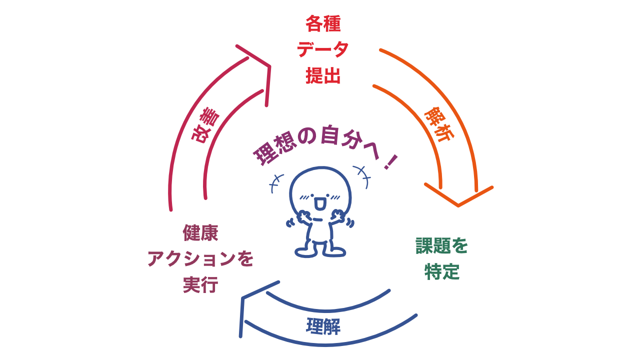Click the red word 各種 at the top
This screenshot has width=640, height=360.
pyautogui.click(x=323, y=23)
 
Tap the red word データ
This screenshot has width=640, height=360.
pyautogui.click(x=323, y=49)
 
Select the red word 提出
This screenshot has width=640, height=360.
pyautogui.click(x=323, y=76)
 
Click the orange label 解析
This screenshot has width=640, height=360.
pyautogui.click(x=439, y=124)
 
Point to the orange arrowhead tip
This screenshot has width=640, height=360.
pyautogui.click(x=458, y=204)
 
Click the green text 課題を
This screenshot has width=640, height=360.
pyautogui.click(x=442, y=245)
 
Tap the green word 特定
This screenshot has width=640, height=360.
pyautogui.click(x=442, y=271)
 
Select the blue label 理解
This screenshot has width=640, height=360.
pyautogui.click(x=323, y=326)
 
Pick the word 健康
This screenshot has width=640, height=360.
pyautogui.click(x=200, y=232)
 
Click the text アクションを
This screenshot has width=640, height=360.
pyautogui.click(x=200, y=258)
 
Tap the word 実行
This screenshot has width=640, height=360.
pyautogui.click(x=200, y=285)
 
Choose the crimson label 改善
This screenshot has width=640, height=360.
pyautogui.click(x=205, y=125)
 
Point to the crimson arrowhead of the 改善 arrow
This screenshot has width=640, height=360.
pyautogui.click(x=268, y=66)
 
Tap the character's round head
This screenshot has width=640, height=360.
pyautogui.click(x=320, y=187)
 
